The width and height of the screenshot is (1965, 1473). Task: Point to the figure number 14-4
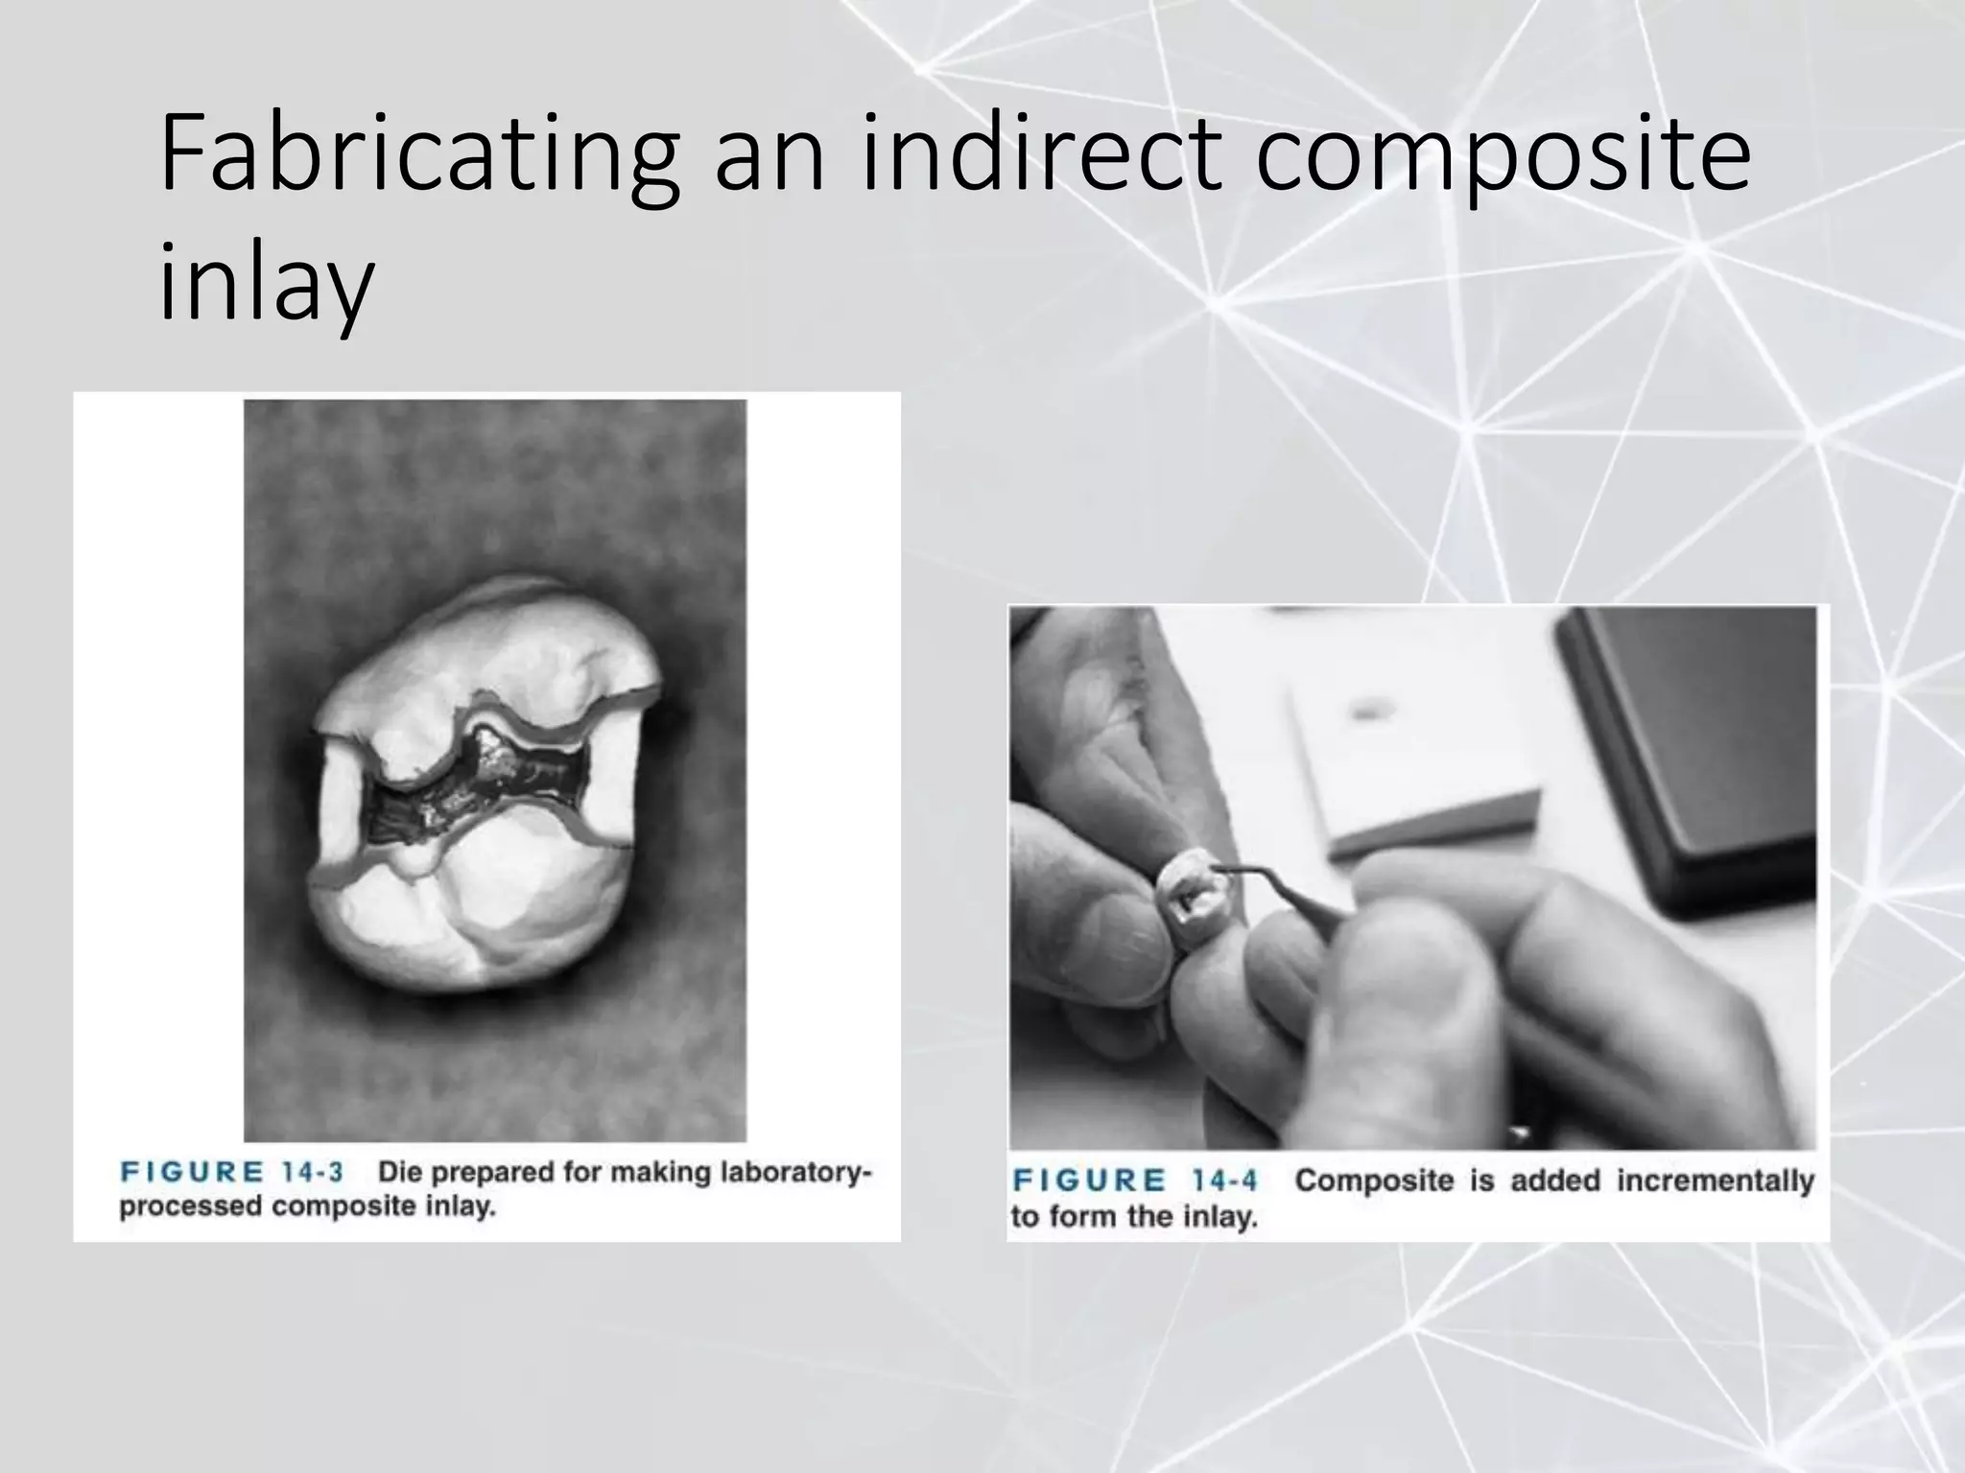[1223, 1180]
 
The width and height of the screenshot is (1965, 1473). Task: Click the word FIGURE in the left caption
[191, 1172]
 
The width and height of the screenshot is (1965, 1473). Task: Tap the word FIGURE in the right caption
[1089, 1180]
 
